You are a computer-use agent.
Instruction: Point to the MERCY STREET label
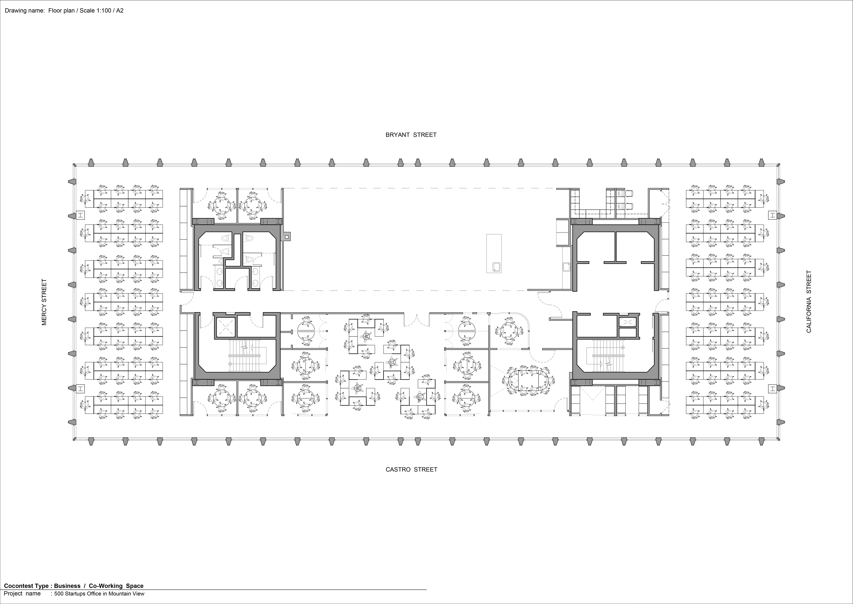(x=44, y=302)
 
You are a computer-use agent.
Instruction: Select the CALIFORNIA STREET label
(x=809, y=302)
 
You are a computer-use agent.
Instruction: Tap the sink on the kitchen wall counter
(x=566, y=267)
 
